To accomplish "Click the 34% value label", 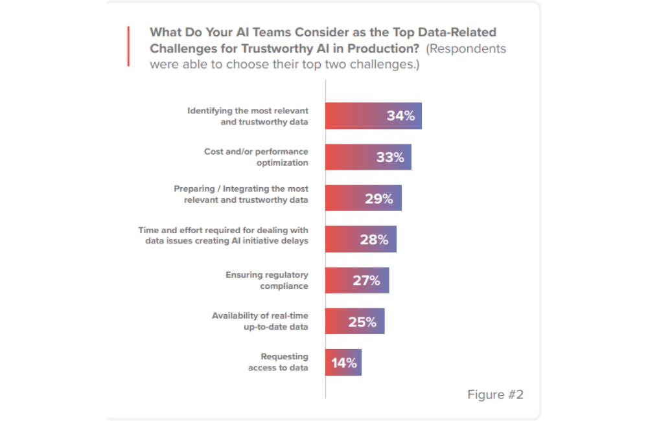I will point(400,116).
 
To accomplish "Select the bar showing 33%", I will point(368,157).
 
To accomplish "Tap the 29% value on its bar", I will point(378,199).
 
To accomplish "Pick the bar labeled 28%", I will point(360,240).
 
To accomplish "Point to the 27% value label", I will point(366,280).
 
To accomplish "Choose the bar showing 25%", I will point(354,321).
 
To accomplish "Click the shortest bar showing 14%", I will point(343,363).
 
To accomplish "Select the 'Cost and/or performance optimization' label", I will point(256,157).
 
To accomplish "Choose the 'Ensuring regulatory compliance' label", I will point(267,280).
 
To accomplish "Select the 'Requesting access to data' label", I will point(278,363).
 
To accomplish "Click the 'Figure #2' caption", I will point(495,395).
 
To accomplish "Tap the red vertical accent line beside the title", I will point(128,46).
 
